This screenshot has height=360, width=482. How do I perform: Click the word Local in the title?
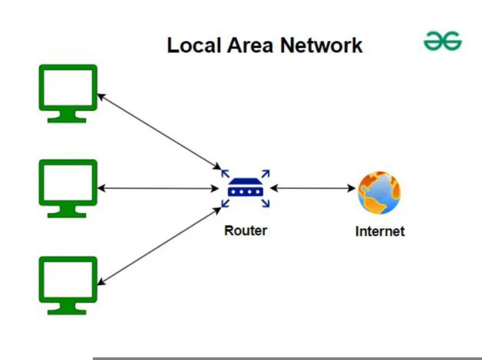click(194, 45)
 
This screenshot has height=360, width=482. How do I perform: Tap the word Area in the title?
click(250, 46)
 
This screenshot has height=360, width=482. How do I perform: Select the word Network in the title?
click(321, 45)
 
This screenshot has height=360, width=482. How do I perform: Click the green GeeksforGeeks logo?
click(443, 40)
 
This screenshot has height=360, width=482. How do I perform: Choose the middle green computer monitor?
click(68, 188)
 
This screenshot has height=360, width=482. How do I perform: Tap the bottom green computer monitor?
click(68, 285)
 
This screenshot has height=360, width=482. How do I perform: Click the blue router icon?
click(246, 188)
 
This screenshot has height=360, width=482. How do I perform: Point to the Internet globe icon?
click(380, 192)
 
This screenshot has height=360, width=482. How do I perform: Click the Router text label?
click(246, 230)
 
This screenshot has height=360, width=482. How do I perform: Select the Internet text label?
click(380, 232)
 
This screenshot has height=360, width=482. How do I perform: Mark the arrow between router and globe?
click(313, 188)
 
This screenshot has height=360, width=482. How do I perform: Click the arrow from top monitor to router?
click(159, 131)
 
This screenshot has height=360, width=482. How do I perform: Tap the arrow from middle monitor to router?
click(158, 188)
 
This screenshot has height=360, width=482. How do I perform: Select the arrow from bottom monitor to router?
click(159, 246)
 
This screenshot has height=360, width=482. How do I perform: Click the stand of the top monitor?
click(67, 116)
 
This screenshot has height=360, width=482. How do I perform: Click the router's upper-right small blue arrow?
click(266, 174)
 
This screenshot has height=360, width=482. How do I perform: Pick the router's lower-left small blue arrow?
click(225, 203)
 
